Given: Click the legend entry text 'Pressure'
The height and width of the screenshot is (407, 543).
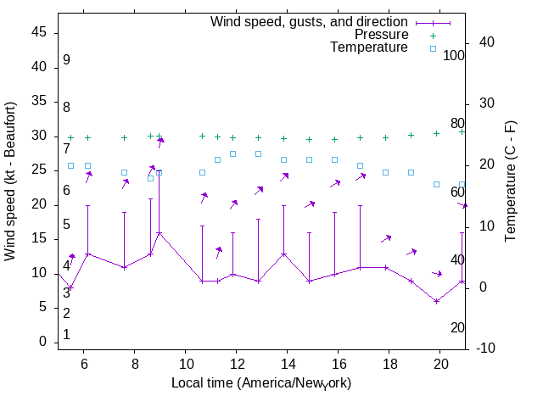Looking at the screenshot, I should coord(381,35).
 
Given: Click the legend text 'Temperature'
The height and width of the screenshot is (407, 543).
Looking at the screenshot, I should coord(369,48).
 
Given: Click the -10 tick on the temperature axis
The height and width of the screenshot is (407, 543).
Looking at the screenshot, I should coord(485,348).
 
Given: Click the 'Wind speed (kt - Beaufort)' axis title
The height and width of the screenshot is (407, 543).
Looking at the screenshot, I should coord(11,181).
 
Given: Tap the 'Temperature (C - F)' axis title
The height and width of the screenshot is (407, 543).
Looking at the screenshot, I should coord(512,181).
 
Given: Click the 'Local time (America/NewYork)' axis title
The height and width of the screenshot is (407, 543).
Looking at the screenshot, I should coord(261,383).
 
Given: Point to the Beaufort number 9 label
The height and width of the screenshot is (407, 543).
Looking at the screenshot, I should coord(66,60).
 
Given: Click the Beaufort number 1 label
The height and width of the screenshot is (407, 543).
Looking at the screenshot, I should coord(66,334).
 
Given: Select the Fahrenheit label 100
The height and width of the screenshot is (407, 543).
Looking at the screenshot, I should coord(454,56).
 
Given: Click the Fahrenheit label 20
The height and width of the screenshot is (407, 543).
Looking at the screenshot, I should coord(457,328).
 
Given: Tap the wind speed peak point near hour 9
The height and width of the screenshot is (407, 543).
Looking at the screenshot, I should coord(159,232).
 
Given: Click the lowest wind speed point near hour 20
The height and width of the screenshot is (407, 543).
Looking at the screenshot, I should coord(436,301).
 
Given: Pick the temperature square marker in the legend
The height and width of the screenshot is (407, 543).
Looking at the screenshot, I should coord(433,48).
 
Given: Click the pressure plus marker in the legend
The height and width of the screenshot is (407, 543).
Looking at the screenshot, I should coord(433,35).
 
